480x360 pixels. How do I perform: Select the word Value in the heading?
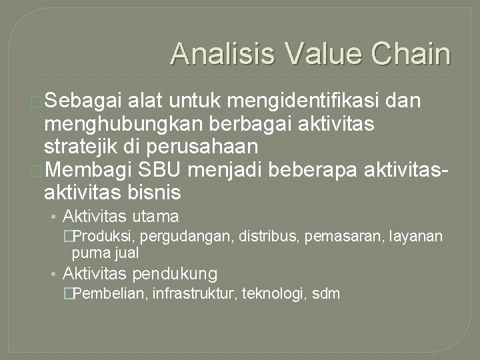tap(313, 54)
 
